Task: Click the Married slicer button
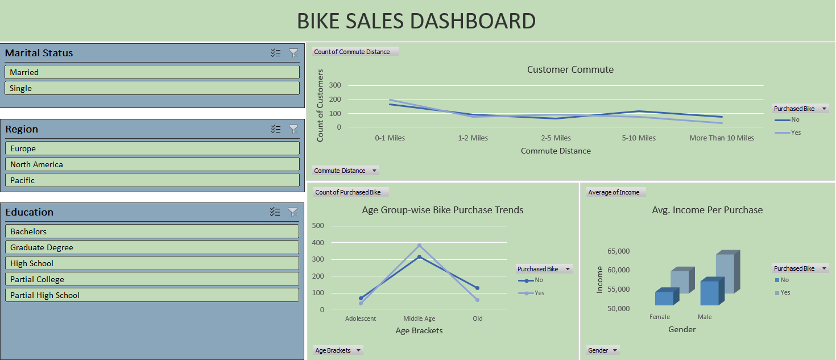pyautogui.click(x=152, y=72)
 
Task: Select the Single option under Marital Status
pyautogui.click(x=152, y=88)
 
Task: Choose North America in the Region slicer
pyautogui.click(x=152, y=164)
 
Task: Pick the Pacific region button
pyautogui.click(x=152, y=180)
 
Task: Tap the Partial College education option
pyautogui.click(x=152, y=279)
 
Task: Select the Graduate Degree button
pyautogui.click(x=152, y=247)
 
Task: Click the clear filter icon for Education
pyautogui.click(x=293, y=212)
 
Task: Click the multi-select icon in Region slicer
pyautogui.click(x=276, y=129)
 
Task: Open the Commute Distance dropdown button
pyautogui.click(x=374, y=171)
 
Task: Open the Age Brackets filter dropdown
pyautogui.click(x=358, y=350)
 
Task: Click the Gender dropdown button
pyautogui.click(x=615, y=350)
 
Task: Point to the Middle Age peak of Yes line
pyautogui.click(x=420, y=246)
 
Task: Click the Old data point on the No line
pyautogui.click(x=477, y=288)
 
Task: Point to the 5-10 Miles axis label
pyautogui.click(x=639, y=138)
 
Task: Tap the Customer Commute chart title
pyautogui.click(x=570, y=70)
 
